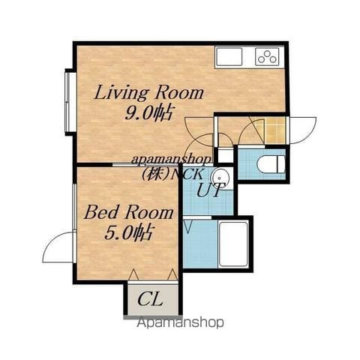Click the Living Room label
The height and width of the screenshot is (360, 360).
149,93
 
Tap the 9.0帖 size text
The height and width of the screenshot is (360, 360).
148,114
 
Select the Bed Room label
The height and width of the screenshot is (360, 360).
129,212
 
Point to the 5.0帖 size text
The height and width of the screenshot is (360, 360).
128,233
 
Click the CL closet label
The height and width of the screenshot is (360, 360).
150,299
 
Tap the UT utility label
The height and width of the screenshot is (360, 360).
209,190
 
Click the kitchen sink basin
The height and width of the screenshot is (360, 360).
229,57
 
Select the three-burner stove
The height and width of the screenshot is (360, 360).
267,57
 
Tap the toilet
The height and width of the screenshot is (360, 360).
271,164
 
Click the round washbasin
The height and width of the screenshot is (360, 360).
220,178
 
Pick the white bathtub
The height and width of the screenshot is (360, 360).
233,244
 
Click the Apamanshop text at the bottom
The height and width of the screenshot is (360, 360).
180,322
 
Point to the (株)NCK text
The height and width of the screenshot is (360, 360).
172,173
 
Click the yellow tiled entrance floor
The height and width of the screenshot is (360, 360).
274,130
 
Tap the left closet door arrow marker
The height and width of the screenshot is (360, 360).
133,274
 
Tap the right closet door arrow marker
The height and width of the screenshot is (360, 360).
172,274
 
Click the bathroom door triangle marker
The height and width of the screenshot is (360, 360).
187,226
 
